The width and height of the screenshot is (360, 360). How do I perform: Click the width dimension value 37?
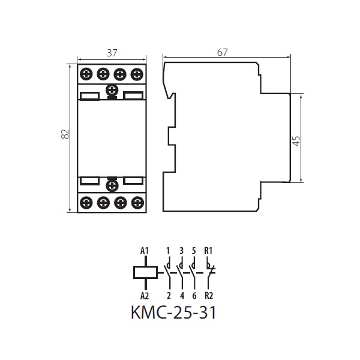[x=112, y=53]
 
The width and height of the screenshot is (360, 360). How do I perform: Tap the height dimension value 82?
[x=65, y=134]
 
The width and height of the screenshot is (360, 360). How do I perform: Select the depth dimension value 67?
[x=222, y=52]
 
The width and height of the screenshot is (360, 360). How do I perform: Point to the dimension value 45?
[x=296, y=141]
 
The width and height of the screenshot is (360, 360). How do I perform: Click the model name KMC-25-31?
[x=173, y=313]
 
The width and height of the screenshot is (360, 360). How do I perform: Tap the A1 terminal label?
[x=145, y=251]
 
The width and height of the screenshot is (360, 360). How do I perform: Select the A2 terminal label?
[x=145, y=296]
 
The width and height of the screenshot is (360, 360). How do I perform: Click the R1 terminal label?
[x=208, y=251]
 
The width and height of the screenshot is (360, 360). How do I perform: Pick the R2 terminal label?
[x=209, y=296]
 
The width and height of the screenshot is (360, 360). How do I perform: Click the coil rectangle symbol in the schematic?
[x=146, y=272]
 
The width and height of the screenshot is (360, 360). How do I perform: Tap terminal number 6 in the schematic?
[x=194, y=296]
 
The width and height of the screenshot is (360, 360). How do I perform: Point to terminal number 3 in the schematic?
[x=182, y=251]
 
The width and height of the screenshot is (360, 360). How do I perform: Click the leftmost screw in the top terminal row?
[x=86, y=74]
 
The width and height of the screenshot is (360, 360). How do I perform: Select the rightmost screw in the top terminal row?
[x=137, y=74]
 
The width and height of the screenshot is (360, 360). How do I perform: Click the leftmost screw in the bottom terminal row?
[x=86, y=203]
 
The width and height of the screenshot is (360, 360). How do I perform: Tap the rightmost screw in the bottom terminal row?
[x=137, y=203]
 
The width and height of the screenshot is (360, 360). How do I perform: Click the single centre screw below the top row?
[x=112, y=90]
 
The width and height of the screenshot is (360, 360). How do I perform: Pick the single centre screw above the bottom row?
[x=112, y=185]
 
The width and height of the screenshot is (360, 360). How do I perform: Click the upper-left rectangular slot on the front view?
[x=89, y=96]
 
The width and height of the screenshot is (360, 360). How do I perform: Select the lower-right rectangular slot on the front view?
[x=133, y=181]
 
